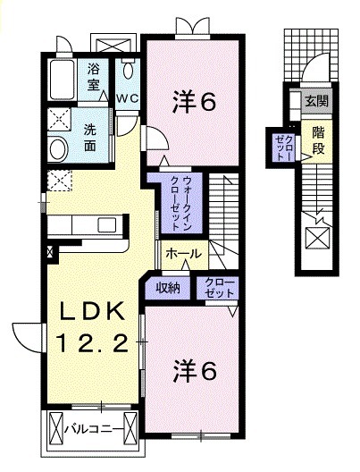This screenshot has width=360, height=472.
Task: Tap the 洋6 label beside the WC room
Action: (193, 102)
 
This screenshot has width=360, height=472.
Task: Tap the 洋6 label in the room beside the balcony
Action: (194, 369)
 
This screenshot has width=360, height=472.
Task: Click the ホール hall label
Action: (182, 254)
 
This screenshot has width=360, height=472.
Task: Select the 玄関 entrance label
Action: (316, 100)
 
